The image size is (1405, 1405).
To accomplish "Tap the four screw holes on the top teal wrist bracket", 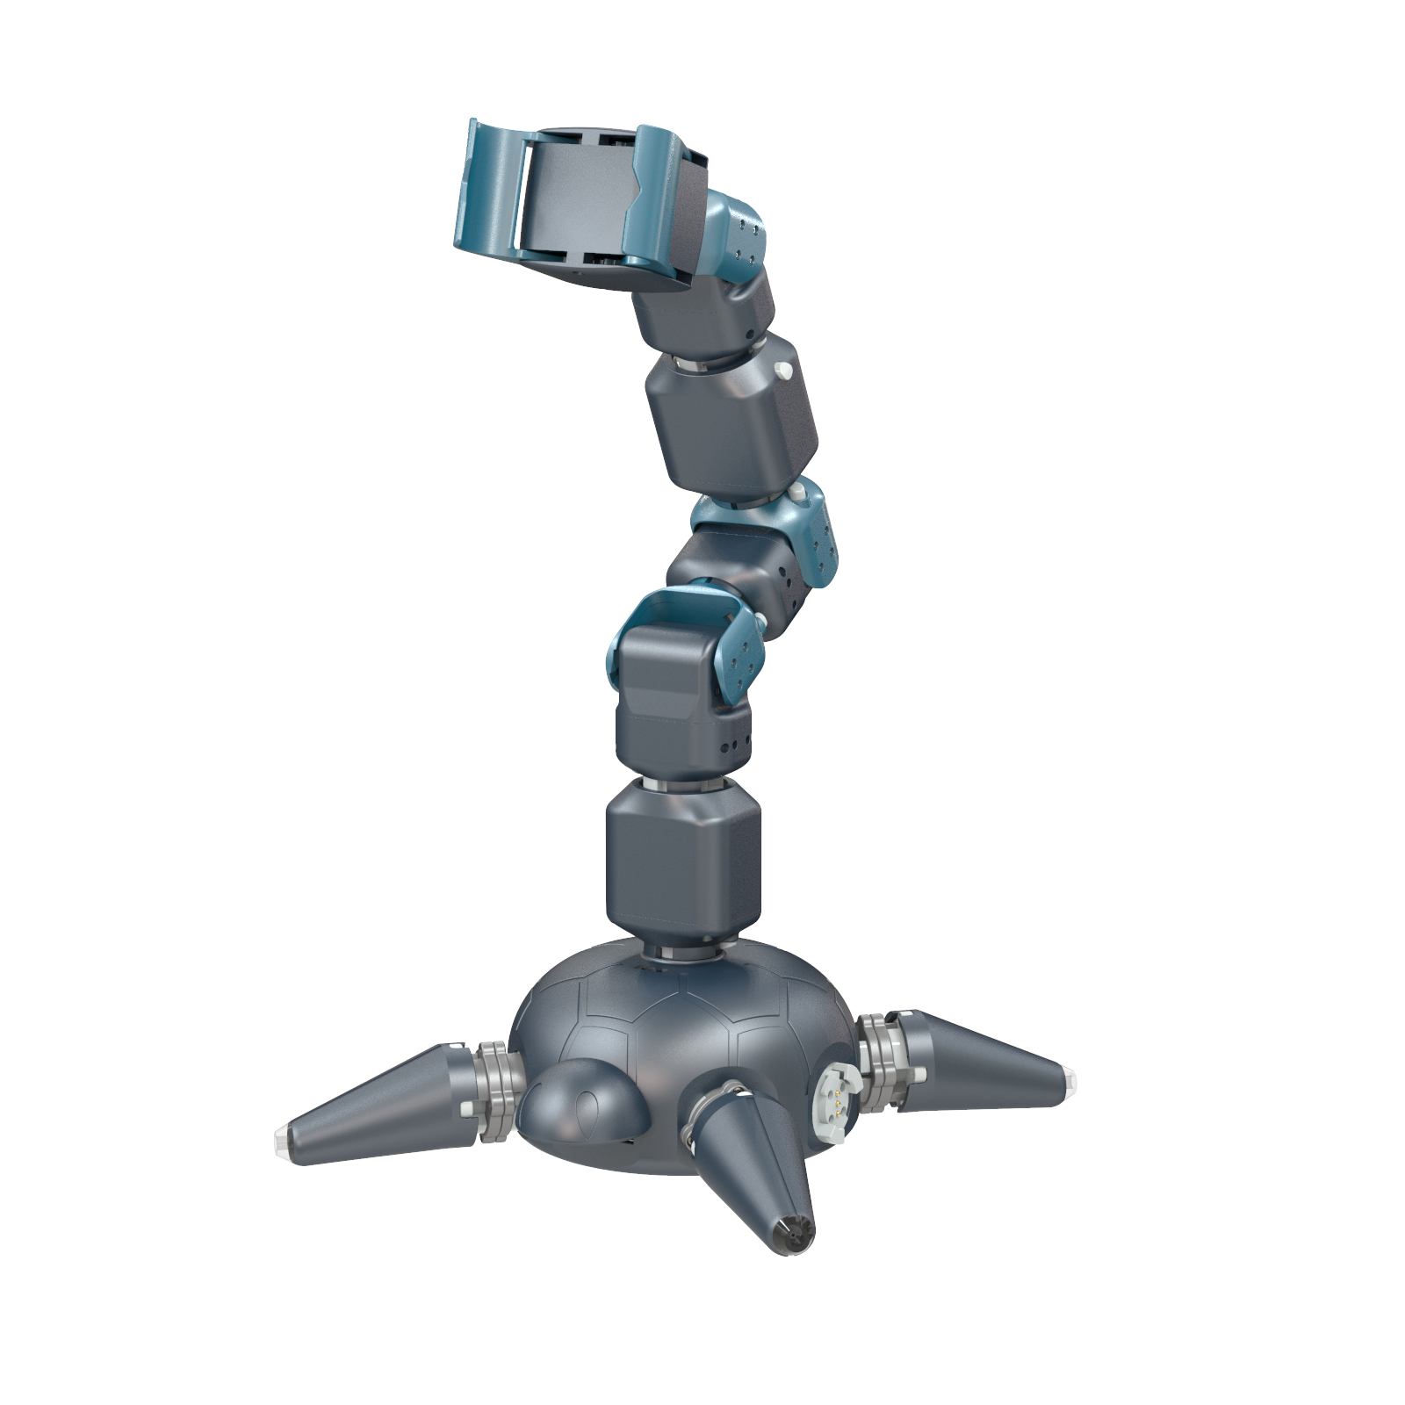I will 747,242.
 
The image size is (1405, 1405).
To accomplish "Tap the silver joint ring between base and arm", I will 685,952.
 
